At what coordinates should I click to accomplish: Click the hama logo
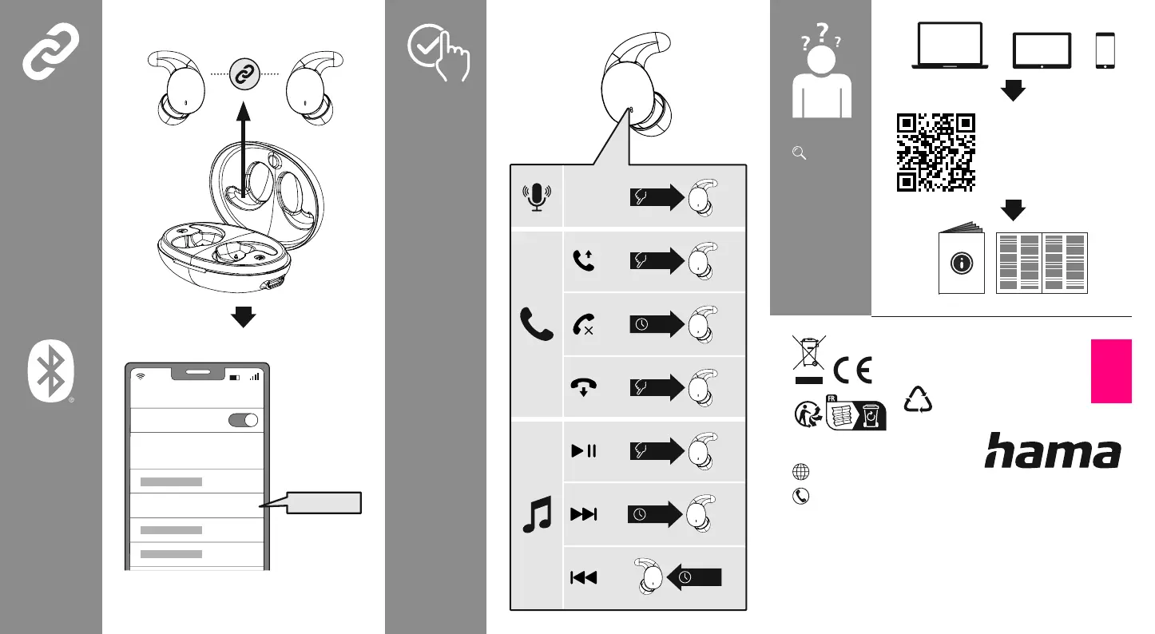tap(1052, 451)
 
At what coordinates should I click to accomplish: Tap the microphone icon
tap(537, 197)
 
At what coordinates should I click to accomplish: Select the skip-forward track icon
tap(584, 514)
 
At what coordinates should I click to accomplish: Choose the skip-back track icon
tap(584, 577)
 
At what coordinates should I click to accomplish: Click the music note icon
tap(536, 514)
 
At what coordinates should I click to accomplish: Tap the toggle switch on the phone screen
tap(244, 421)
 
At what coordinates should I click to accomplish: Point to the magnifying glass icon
tap(796, 153)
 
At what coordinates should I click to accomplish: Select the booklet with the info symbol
tap(963, 262)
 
